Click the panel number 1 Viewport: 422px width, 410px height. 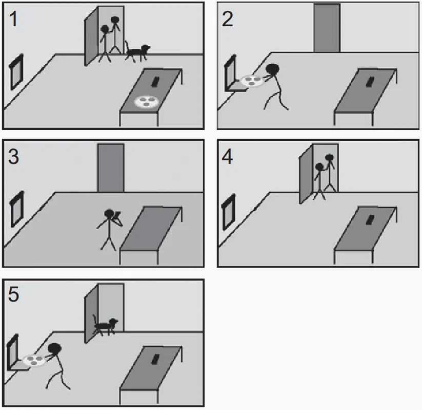pyautogui.click(x=13, y=19)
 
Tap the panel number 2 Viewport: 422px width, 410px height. pyautogui.click(x=228, y=19)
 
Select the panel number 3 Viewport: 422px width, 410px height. pyautogui.click(x=13, y=157)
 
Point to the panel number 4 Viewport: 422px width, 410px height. pyautogui.click(x=227, y=157)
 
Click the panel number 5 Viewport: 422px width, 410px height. pyautogui.click(x=13, y=294)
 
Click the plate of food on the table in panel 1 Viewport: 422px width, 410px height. pyautogui.click(x=146, y=102)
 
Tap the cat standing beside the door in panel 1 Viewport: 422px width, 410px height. pyautogui.click(x=137, y=52)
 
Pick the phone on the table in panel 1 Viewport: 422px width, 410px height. pyautogui.click(x=155, y=82)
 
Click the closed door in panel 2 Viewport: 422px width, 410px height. pyautogui.click(x=327, y=28)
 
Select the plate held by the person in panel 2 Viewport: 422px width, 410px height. pyautogui.click(x=251, y=81)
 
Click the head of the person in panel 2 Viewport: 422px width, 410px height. pyautogui.click(x=273, y=69)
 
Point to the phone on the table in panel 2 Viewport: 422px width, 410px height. pyautogui.click(x=370, y=82)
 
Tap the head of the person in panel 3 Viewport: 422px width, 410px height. pyautogui.click(x=109, y=214)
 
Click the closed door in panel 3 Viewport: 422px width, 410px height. pyautogui.click(x=111, y=168)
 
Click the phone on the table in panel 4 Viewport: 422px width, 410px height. pyautogui.click(x=370, y=220)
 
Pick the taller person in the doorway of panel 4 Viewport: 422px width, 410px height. pyautogui.click(x=330, y=173)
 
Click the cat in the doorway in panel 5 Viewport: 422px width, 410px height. pyautogui.click(x=105, y=325)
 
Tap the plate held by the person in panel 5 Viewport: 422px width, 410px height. pyautogui.click(x=34, y=360)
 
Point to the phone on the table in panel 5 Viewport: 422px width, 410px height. pyautogui.click(x=155, y=359)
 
